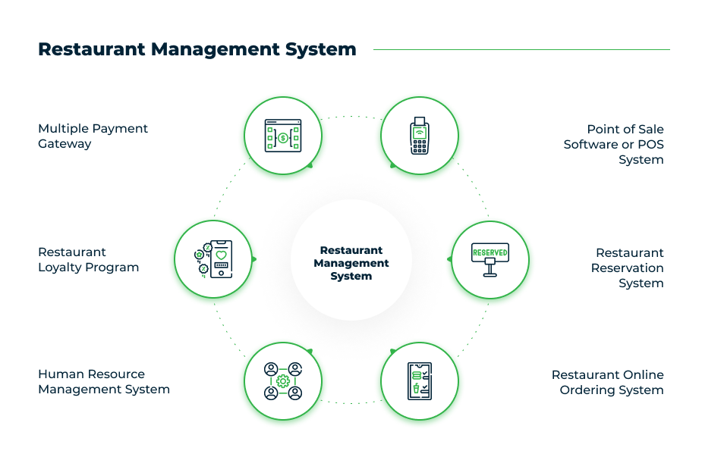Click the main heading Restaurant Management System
pyautogui.click(x=197, y=49)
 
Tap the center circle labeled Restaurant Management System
pyautogui.click(x=351, y=261)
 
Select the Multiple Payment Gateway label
pyautogui.click(x=93, y=136)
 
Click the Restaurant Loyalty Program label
pyautogui.click(x=88, y=259)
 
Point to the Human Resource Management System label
pyautogui.click(x=103, y=382)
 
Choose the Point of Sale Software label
pyautogui.click(x=614, y=144)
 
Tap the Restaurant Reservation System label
pyautogui.click(x=628, y=268)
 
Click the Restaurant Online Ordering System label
pyautogui.click(x=608, y=382)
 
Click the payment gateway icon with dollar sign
pyautogui.click(x=283, y=136)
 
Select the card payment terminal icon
pyautogui.click(x=419, y=136)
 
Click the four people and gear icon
pyautogui.click(x=283, y=382)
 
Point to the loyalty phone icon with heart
pyautogui.click(x=214, y=259)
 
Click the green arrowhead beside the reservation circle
pyautogui.click(x=449, y=259)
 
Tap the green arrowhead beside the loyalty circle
pyautogui.click(x=253, y=259)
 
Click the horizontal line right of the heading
pyautogui.click(x=521, y=50)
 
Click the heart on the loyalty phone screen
pyautogui.click(x=221, y=255)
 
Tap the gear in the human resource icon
pyautogui.click(x=283, y=381)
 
